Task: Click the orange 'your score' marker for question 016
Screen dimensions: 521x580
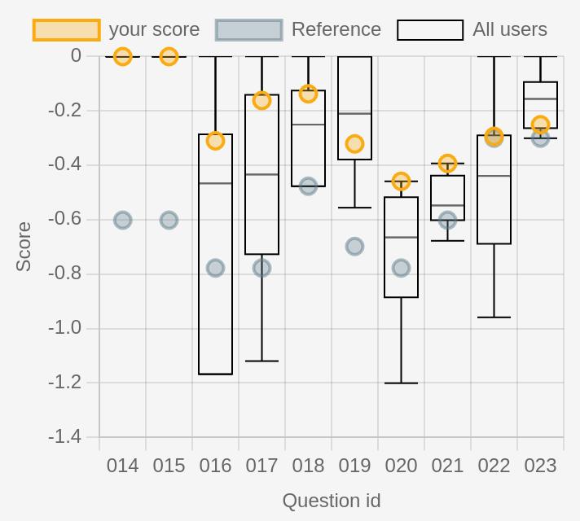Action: tap(215, 141)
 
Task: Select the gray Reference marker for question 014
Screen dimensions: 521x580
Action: tap(122, 220)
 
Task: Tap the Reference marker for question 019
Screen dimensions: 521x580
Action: tap(354, 246)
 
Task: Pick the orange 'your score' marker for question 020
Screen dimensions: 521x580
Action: tap(401, 181)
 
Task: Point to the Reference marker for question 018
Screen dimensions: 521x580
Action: tap(308, 186)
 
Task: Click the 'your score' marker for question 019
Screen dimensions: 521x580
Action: tap(354, 144)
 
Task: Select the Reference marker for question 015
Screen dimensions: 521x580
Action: tap(169, 220)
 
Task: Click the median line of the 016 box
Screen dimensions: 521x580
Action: tap(215, 183)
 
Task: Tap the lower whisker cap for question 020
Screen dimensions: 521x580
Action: tap(401, 383)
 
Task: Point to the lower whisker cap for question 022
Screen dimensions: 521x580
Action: tap(494, 317)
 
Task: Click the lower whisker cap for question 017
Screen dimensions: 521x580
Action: tap(261, 361)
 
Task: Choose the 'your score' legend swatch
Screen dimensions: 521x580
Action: tap(66, 30)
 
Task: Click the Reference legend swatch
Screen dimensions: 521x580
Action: tap(248, 30)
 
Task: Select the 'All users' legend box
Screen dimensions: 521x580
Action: tap(430, 30)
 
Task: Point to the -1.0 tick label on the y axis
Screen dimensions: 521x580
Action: tap(64, 328)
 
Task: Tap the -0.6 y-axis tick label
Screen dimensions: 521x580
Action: tap(64, 219)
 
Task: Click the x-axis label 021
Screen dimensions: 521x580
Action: tap(447, 466)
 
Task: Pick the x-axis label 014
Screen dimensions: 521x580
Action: tap(122, 466)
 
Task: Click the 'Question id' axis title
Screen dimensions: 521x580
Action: tap(332, 501)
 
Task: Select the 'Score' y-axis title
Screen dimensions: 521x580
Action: tap(24, 246)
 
